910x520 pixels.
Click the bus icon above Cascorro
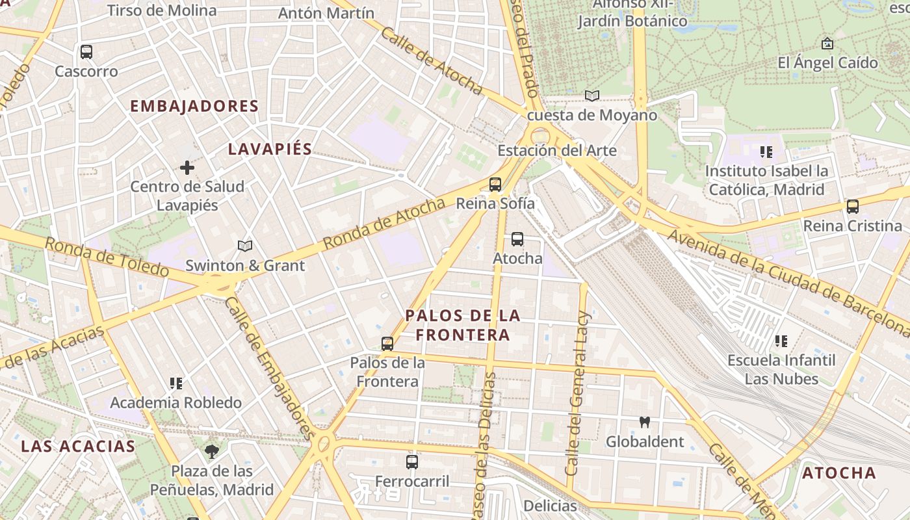[86, 52]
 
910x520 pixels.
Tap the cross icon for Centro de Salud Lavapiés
[187, 168]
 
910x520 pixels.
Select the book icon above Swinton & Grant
[244, 246]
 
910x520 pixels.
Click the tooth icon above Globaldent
[645, 422]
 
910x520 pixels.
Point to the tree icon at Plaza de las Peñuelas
[211, 451]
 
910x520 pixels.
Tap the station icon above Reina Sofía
[495, 185]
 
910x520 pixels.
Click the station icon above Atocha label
[517, 239]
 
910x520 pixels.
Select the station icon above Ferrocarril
[412, 462]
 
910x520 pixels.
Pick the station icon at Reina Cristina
[852, 207]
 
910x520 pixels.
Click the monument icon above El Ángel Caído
[827, 44]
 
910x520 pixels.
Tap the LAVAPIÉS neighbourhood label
[270, 149]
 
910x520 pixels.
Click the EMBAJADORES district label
[194, 106]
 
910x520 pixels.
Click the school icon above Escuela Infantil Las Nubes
[781, 341]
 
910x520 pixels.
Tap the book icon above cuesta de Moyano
[591, 96]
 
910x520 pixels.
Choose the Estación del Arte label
[557, 151]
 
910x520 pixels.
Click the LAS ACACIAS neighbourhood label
[77, 447]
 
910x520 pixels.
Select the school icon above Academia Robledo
[175, 383]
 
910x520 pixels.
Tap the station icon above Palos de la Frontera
[387, 343]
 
